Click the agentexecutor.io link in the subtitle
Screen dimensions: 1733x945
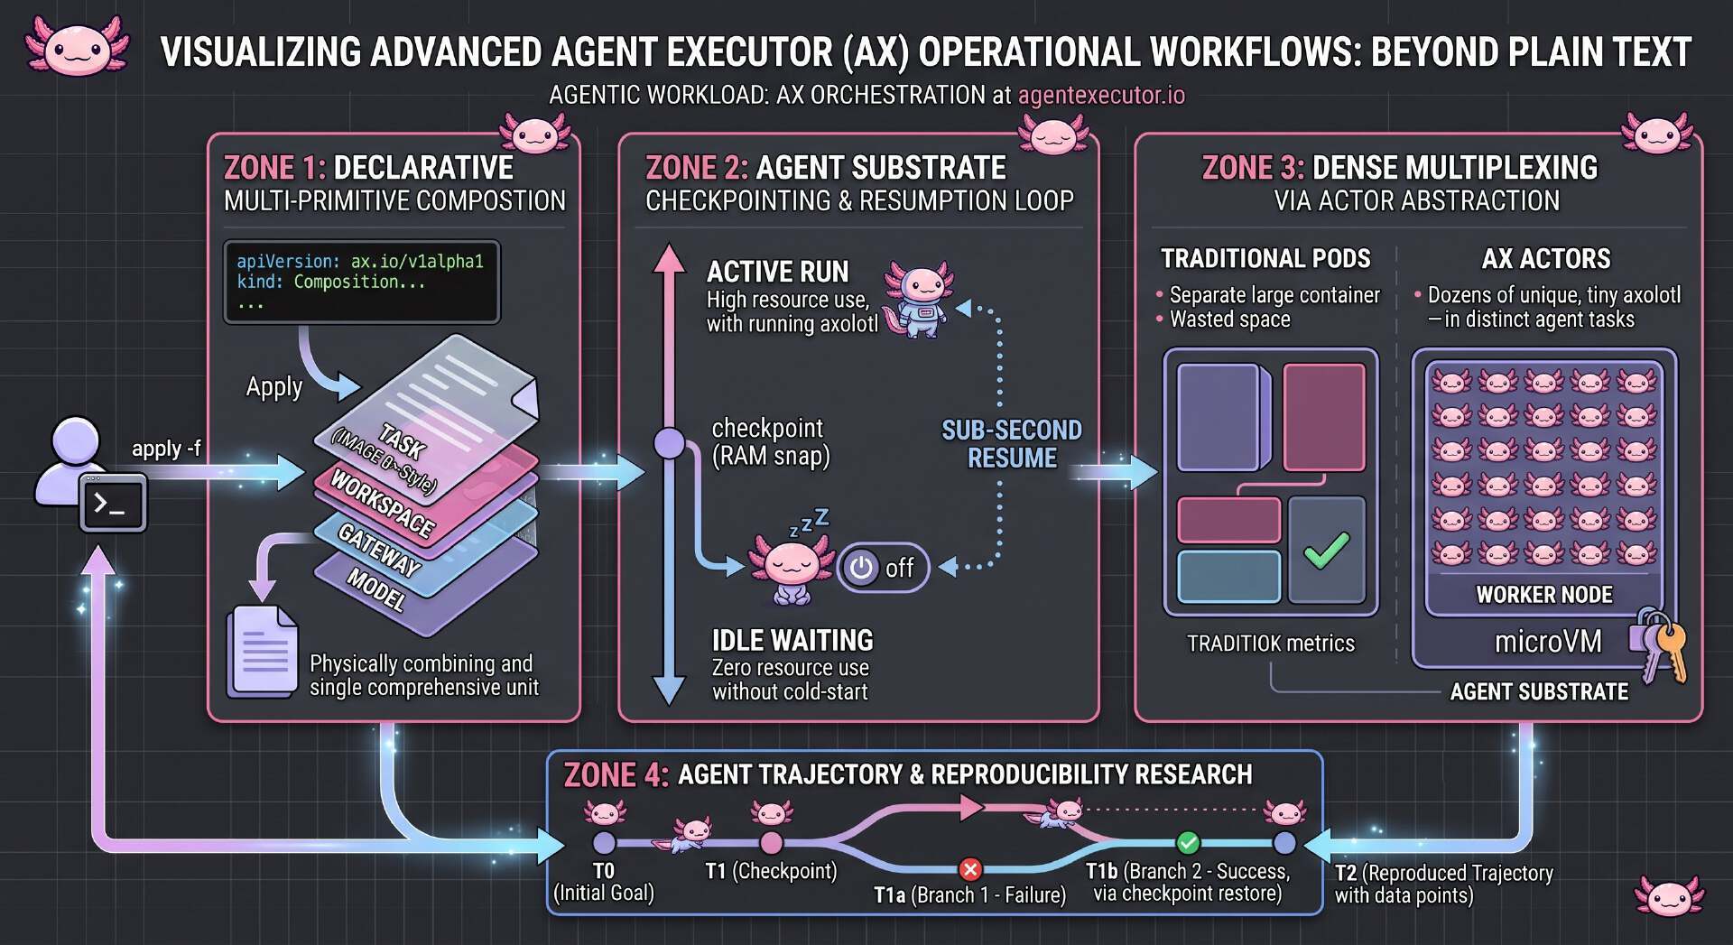(1101, 95)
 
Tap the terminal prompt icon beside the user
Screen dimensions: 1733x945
(113, 504)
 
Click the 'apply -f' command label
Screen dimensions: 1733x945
(166, 449)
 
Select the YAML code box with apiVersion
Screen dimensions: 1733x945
(361, 282)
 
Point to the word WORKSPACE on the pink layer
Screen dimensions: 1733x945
(383, 504)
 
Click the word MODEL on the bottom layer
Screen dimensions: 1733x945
(376, 590)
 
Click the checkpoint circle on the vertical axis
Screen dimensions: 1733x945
(669, 443)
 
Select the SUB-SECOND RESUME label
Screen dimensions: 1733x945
(1012, 444)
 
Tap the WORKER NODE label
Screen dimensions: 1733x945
(1544, 595)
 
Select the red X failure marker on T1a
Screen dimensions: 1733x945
(970, 869)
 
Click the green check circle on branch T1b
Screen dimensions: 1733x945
(1188, 843)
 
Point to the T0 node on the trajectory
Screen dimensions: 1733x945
(604, 843)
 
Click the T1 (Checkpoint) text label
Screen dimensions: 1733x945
(771, 871)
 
